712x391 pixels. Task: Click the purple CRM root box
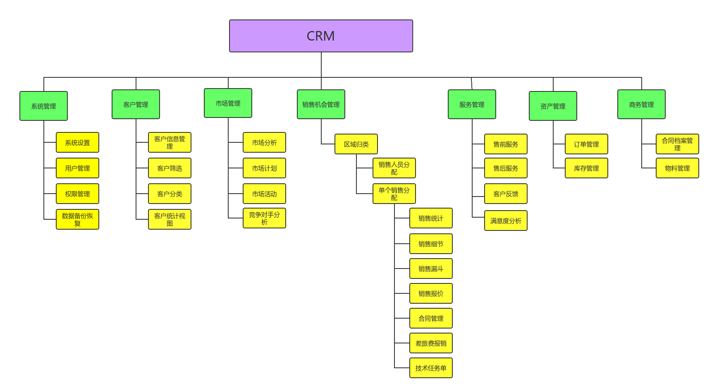(321, 36)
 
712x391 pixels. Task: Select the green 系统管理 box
(43, 106)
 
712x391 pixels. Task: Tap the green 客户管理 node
(136, 104)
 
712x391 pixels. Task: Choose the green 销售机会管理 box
(321, 104)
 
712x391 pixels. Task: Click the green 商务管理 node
(641, 104)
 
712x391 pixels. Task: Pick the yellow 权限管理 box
(77, 194)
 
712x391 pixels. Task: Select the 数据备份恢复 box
(77, 219)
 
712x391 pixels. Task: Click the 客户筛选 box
(170, 168)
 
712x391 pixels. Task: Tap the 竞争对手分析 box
(264, 218)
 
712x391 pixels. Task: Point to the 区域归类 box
(356, 144)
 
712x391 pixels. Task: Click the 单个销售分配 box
(394, 194)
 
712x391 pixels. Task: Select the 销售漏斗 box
(431, 269)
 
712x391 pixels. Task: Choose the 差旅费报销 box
(431, 343)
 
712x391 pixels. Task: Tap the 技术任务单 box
(431, 368)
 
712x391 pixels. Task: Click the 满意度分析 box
(506, 221)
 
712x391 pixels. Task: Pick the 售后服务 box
(506, 168)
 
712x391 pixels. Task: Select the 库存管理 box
(586, 168)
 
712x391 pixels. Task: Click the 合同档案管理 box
(677, 144)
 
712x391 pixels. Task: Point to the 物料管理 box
(677, 168)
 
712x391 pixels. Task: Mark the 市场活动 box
(264, 194)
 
